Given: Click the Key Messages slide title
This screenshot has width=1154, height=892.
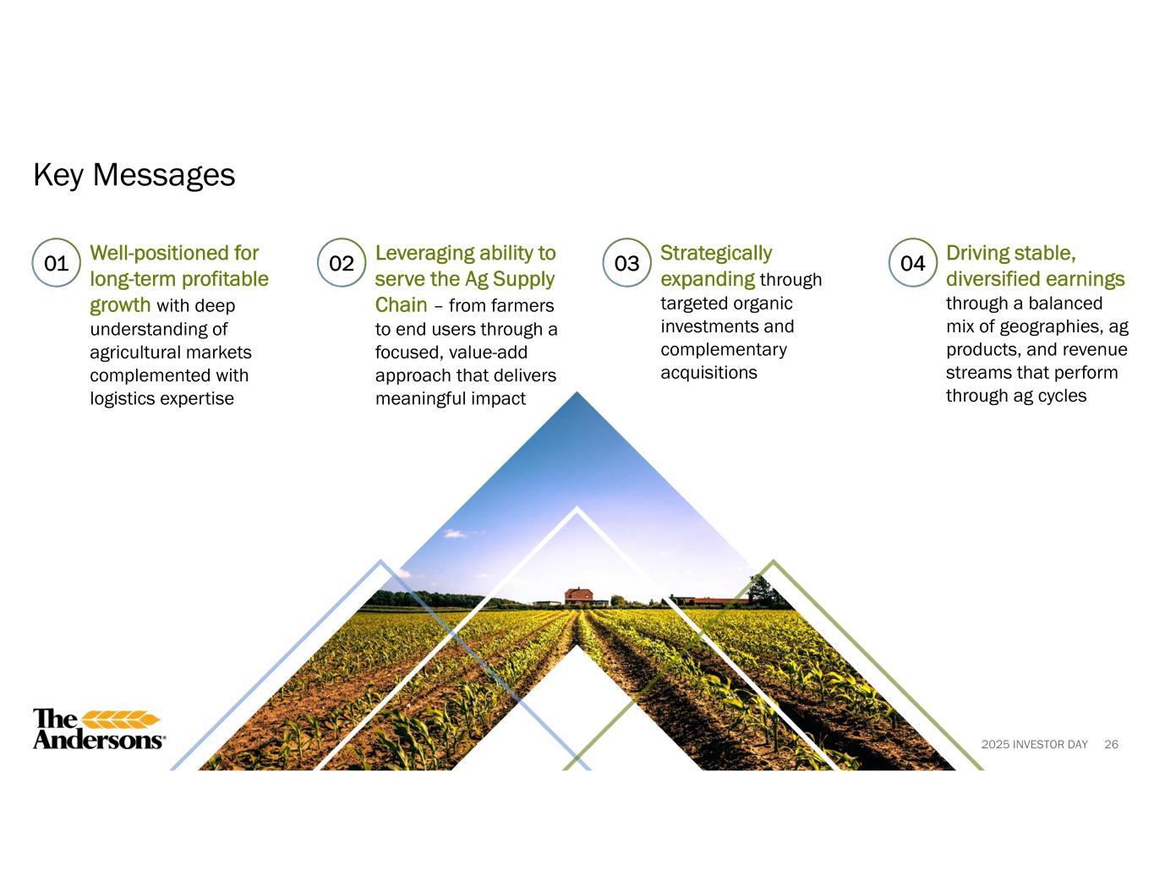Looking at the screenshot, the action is click(134, 175).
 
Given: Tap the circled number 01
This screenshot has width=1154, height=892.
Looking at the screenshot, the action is click(57, 263).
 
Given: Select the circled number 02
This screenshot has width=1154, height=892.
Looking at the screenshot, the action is click(342, 263).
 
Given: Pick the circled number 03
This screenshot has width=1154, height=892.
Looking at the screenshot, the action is click(626, 263).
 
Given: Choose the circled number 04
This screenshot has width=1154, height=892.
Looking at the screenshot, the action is click(912, 263).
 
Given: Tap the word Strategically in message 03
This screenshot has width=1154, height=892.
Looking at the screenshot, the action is click(716, 254).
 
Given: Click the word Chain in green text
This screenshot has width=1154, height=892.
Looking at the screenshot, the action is click(401, 305).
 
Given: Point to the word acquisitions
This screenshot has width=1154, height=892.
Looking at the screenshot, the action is click(708, 373).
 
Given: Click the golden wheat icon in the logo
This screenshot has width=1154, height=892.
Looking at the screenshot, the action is click(121, 720).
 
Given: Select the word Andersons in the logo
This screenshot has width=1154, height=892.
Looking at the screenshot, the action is click(98, 740).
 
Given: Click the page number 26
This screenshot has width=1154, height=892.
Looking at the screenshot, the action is click(1111, 744).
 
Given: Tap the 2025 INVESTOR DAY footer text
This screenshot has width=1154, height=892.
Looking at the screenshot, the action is click(1034, 744).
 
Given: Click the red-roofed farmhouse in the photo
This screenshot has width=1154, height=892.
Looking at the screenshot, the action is click(578, 596).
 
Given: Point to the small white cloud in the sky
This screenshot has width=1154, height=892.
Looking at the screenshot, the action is click(455, 534).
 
